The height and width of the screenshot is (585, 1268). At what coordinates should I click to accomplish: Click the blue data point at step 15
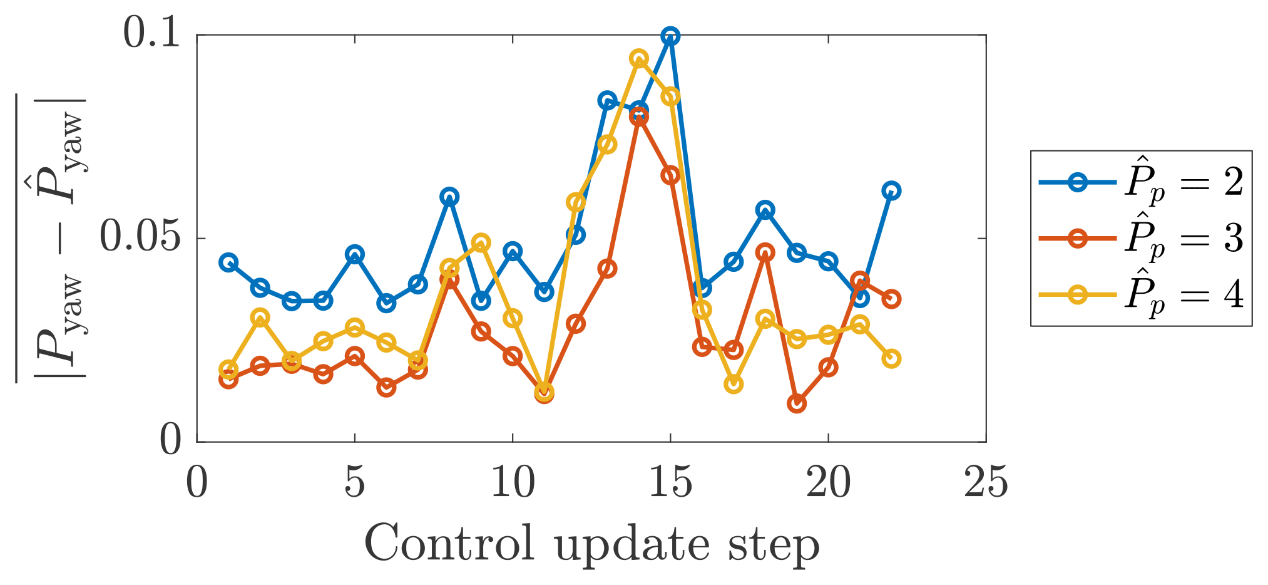670,36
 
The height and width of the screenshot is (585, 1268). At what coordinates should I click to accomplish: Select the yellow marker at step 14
639,59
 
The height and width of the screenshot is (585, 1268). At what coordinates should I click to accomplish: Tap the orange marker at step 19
797,404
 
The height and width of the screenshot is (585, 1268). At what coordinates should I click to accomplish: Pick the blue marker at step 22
891,191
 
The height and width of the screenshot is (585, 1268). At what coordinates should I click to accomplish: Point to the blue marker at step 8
449,197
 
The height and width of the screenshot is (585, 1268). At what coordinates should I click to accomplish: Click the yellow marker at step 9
481,242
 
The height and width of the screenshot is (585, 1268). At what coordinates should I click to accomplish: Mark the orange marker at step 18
765,253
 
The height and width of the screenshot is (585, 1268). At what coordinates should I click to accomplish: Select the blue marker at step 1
228,262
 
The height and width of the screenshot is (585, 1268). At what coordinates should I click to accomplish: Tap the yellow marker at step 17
734,384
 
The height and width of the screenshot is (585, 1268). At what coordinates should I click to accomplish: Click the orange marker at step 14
639,116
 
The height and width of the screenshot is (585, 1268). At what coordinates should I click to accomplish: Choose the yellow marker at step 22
891,359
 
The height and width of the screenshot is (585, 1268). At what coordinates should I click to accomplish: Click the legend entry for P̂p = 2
1183,183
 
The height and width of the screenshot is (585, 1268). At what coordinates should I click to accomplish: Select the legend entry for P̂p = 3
1183,239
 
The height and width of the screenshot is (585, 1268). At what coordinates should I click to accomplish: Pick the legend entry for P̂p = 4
1183,294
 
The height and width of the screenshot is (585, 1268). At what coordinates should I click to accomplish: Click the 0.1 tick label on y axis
152,34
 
